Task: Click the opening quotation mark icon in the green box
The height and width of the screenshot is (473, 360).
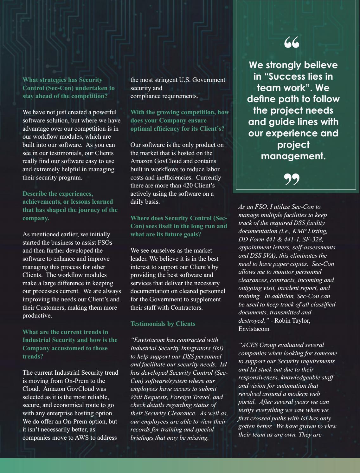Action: click(292, 43)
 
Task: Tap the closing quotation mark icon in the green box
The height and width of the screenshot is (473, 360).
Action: click(292, 179)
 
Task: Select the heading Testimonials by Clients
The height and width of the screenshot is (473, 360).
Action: click(163, 324)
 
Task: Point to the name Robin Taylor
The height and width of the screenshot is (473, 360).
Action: click(292, 321)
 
